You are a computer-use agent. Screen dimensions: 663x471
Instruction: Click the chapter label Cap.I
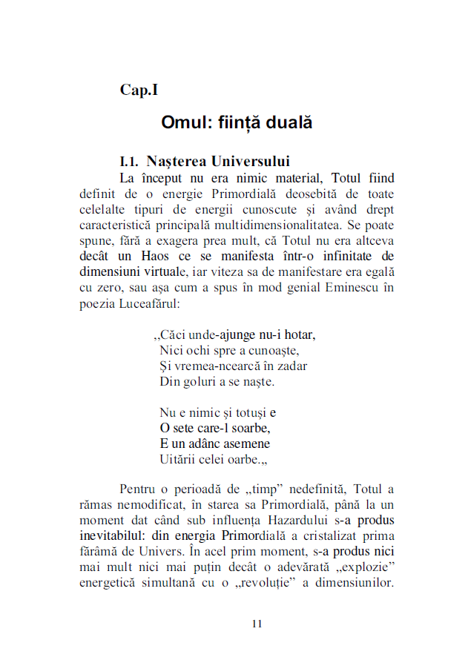click(x=139, y=90)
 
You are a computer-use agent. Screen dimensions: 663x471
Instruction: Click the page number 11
click(x=257, y=624)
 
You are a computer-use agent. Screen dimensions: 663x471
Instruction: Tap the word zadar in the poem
click(x=292, y=366)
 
